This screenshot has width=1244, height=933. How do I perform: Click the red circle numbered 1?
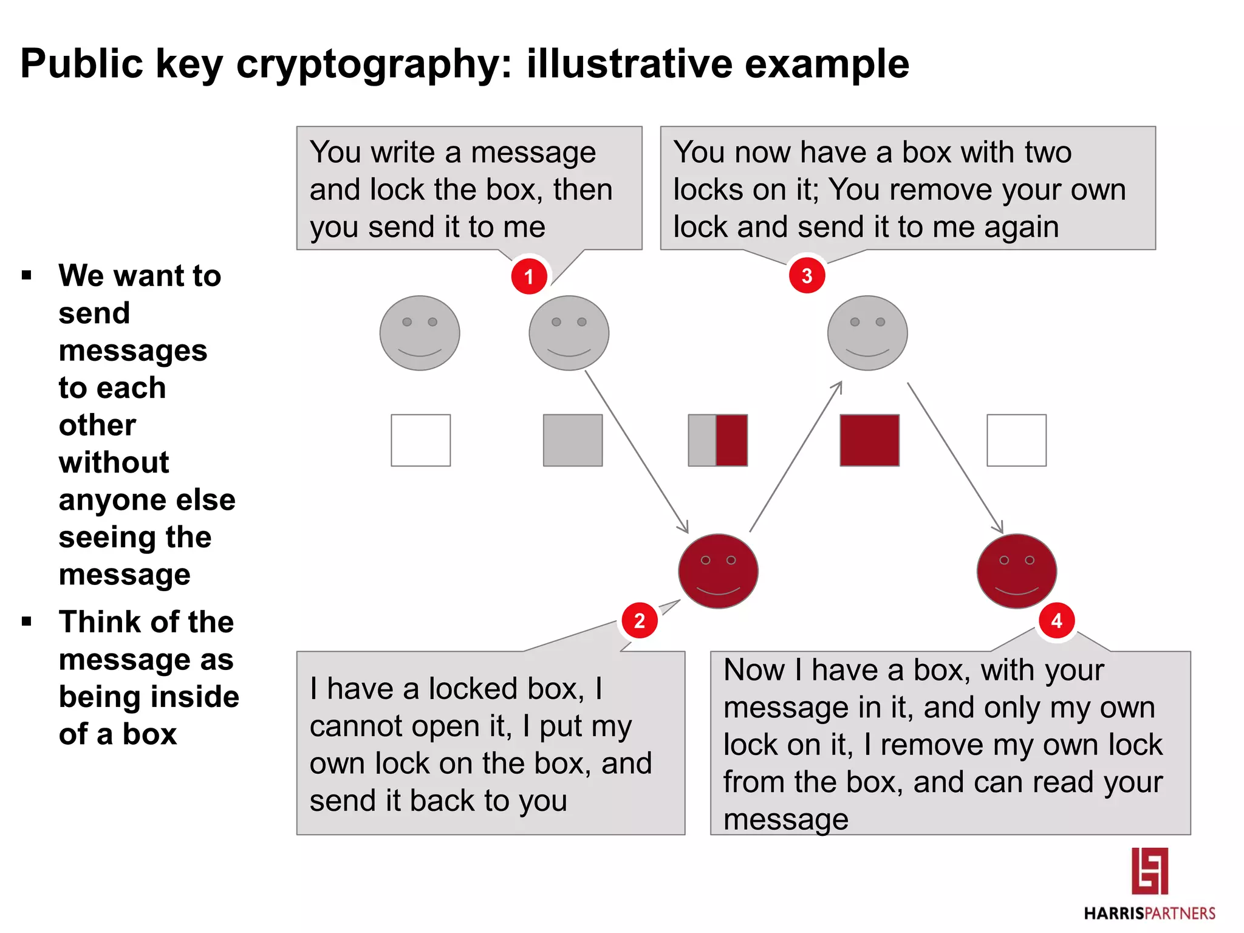click(528, 276)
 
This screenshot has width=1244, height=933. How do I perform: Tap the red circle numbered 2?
click(639, 621)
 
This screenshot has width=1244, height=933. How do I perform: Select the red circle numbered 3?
click(807, 276)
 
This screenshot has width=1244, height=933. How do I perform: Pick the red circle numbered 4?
click(1057, 621)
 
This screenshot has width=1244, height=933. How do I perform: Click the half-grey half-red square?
click(717, 440)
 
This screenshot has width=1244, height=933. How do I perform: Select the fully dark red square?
click(869, 440)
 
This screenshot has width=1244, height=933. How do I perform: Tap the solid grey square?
click(573, 440)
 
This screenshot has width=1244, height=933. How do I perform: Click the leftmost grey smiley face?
click(420, 333)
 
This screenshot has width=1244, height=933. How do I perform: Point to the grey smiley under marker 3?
click(867, 333)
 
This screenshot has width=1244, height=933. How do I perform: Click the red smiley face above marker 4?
click(1017, 571)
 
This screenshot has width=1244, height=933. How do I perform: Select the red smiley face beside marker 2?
click(718, 571)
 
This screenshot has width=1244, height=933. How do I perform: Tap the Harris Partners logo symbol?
click(1149, 871)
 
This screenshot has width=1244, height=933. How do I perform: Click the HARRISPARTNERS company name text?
click(1149, 914)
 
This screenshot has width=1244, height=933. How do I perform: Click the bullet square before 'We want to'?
click(26, 276)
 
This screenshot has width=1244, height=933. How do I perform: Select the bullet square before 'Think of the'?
click(26, 621)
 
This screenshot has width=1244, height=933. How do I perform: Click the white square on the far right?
click(1016, 440)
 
